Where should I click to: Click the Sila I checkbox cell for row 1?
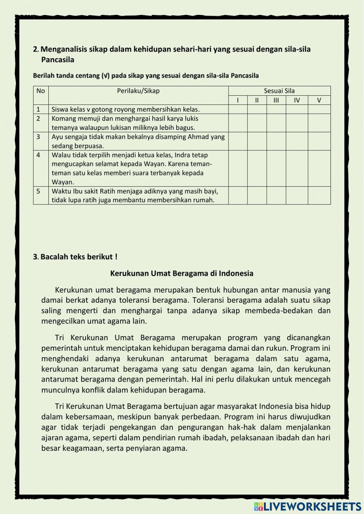238,109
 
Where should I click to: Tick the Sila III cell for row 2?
276,123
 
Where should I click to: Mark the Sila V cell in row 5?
319,195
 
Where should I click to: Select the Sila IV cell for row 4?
297,168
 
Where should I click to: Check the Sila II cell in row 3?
257,141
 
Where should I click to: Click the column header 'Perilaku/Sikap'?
138,91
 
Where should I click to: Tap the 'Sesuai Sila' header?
279,91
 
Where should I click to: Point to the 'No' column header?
41,91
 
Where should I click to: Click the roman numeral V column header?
319,100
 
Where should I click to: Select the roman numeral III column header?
276,100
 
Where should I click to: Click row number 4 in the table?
38,155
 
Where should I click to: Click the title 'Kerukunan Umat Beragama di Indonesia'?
182,274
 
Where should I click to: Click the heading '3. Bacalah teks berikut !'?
75,257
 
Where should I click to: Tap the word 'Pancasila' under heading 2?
58,60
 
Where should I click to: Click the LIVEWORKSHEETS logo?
308,506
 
